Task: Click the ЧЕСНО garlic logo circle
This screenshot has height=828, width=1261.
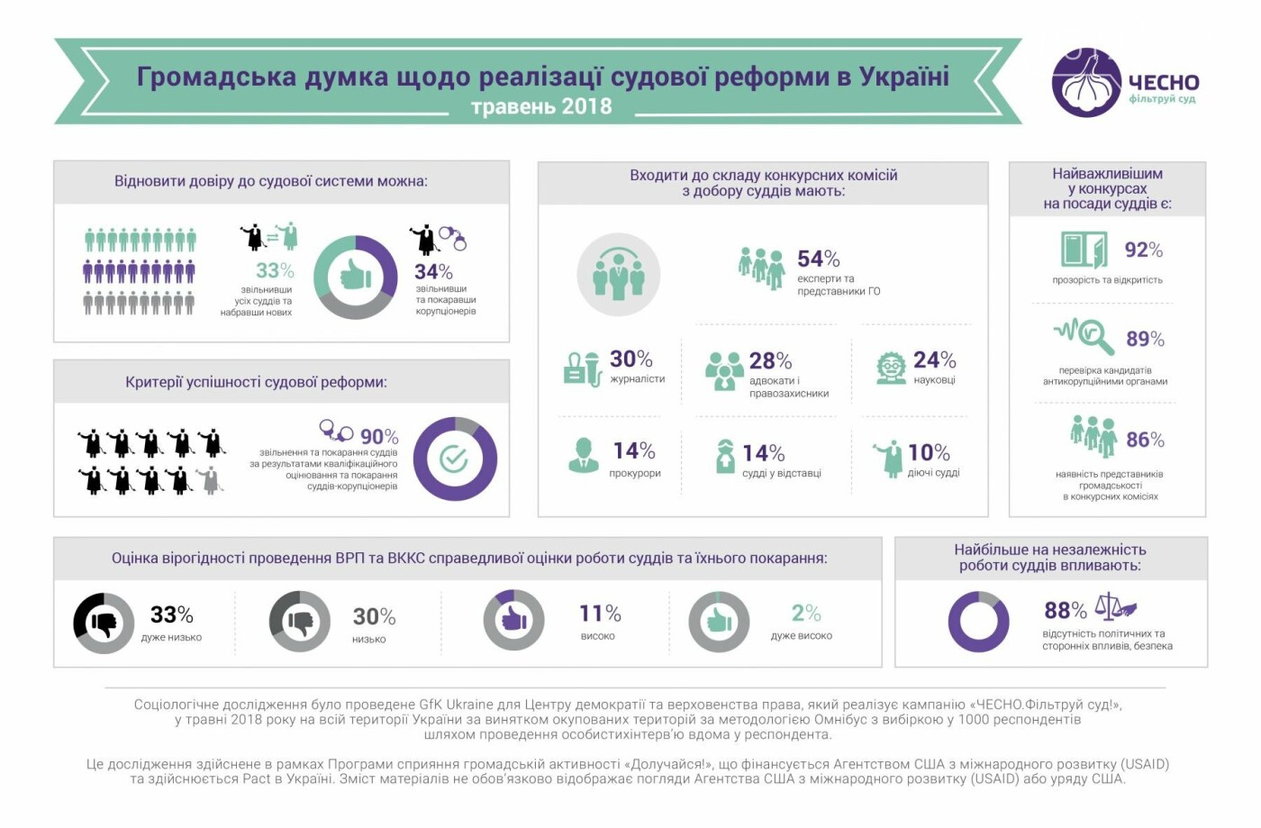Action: [1086, 83]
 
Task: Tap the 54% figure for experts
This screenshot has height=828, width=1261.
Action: [818, 259]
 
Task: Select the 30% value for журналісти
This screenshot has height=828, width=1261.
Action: [630, 359]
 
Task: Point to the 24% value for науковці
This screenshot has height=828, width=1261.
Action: [934, 360]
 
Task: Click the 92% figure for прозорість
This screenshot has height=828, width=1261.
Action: [1143, 250]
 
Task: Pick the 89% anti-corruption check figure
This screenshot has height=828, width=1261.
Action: [1145, 339]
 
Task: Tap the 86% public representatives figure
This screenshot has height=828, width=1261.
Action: [1145, 440]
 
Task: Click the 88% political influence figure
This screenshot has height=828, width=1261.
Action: [1065, 611]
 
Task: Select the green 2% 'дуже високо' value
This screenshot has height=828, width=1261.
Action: [806, 614]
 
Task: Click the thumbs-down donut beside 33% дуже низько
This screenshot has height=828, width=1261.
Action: [104, 623]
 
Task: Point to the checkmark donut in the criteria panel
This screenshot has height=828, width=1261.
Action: [455, 459]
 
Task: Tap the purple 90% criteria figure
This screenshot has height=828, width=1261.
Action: [379, 437]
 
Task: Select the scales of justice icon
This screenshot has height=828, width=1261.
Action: [1114, 606]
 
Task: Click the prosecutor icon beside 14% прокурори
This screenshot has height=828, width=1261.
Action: [584, 455]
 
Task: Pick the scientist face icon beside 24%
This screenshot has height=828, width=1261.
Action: [891, 367]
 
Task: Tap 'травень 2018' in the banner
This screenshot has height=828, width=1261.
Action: [540, 106]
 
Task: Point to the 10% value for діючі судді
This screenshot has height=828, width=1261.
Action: [929, 452]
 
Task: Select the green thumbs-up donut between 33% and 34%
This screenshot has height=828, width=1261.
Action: [356, 277]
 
